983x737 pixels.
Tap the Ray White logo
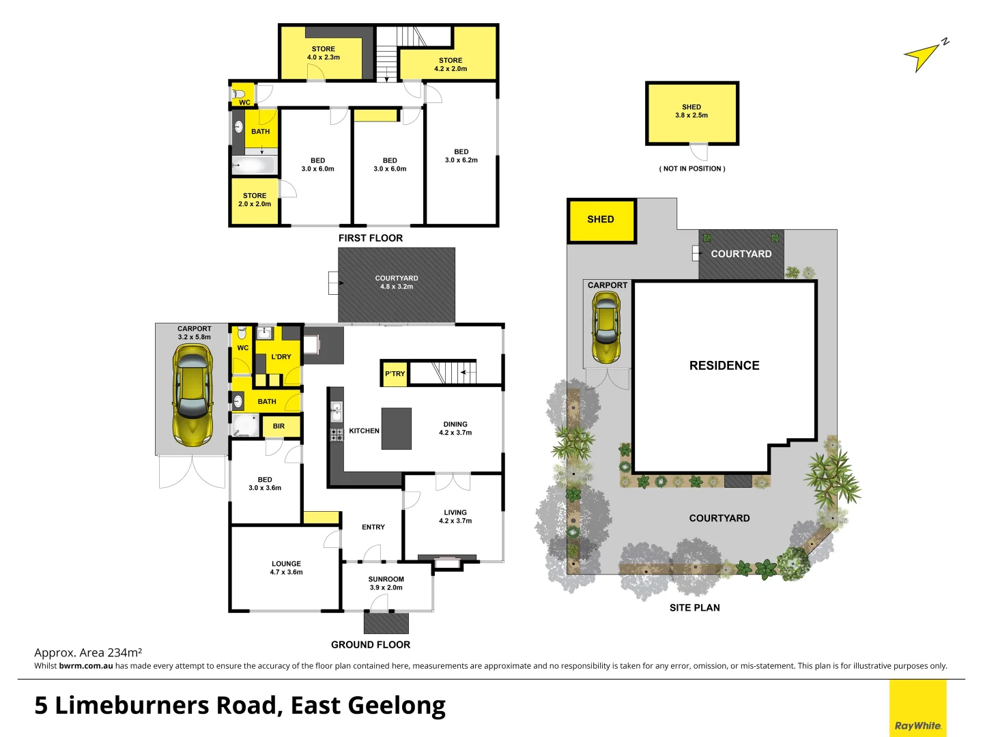point(917,725)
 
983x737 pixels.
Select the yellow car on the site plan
point(606,327)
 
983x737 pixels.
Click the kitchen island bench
point(396,429)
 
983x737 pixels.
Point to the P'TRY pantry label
point(395,374)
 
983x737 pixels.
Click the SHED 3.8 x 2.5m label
point(692,111)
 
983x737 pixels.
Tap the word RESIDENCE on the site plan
point(724,366)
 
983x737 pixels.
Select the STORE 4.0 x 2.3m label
point(324,53)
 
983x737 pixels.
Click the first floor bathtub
point(254,165)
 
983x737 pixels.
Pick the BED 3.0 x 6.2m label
point(461,156)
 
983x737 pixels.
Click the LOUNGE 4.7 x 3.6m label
point(286,568)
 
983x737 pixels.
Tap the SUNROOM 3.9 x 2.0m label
point(386,583)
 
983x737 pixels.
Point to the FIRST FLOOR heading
point(371,238)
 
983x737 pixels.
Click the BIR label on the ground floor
point(279,427)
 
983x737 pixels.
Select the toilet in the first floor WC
point(240,94)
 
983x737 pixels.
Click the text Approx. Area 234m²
point(88,652)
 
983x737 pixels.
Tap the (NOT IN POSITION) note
point(692,169)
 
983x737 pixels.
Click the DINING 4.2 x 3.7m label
point(455,429)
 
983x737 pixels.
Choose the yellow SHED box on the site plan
point(601,220)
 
